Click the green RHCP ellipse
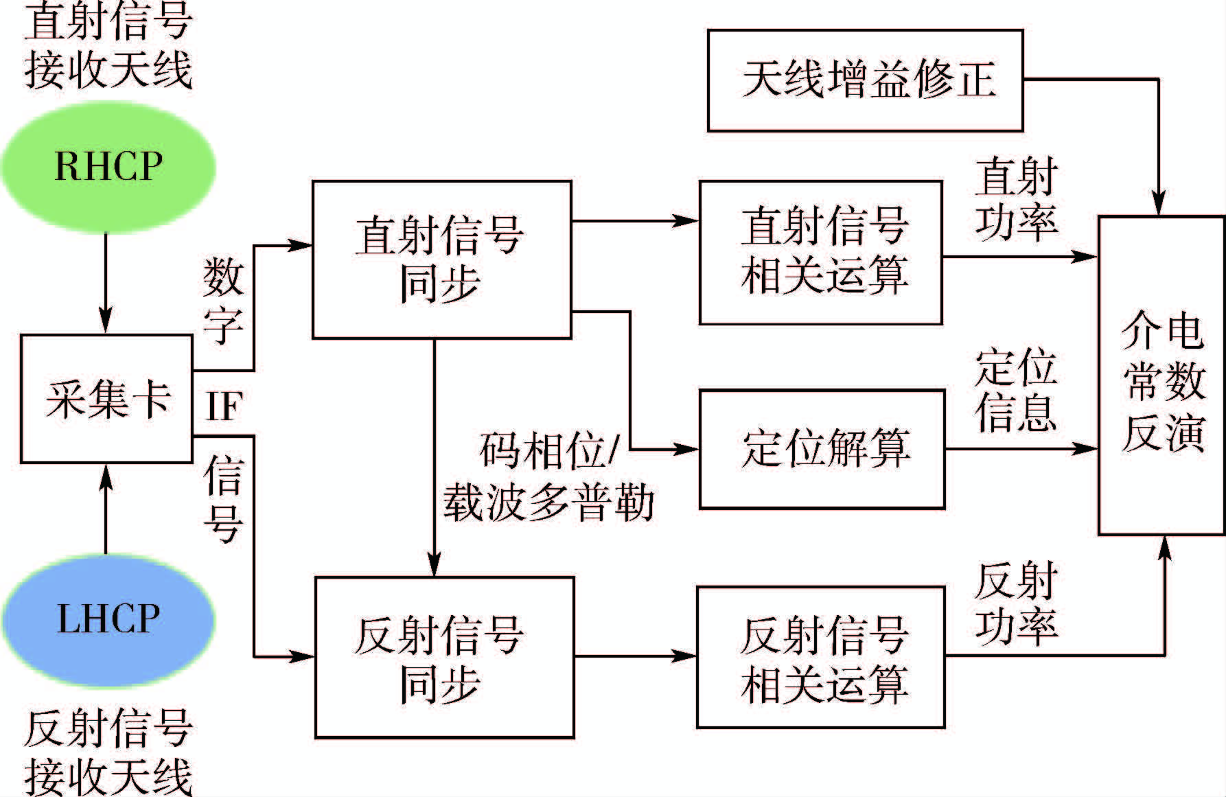point(108,167)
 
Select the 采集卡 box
point(106,399)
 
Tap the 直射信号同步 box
point(441,259)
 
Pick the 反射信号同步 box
point(444,657)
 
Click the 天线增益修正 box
point(865,80)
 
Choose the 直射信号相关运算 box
point(821,252)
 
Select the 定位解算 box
point(822,449)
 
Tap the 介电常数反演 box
point(1161,376)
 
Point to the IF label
point(223,406)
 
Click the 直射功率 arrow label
point(1016,199)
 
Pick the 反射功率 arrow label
point(1016,603)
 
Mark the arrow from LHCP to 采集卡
point(105,508)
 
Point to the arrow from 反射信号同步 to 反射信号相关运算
point(635,656)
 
